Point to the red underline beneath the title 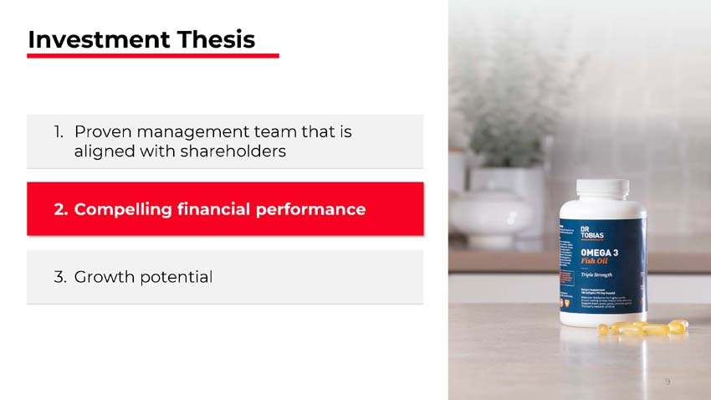point(152,56)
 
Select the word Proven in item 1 point(102,131)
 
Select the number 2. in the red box point(61,209)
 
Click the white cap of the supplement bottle point(603,188)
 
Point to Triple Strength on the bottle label point(597,275)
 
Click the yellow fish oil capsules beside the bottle point(644,328)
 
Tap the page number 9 point(668,382)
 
